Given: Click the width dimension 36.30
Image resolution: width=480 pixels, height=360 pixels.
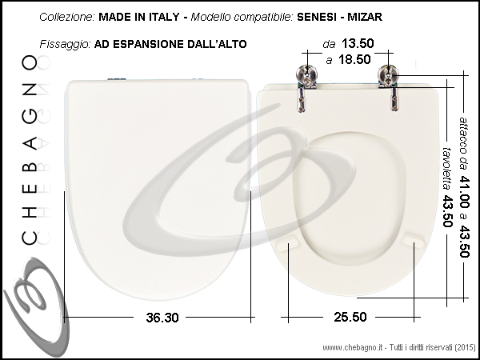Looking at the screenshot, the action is [162, 318].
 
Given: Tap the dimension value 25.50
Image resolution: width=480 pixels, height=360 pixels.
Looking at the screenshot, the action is [350, 317].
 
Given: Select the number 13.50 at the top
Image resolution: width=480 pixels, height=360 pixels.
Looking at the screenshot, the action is [358, 43].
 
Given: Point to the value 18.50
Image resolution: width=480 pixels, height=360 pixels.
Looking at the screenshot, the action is [354, 59].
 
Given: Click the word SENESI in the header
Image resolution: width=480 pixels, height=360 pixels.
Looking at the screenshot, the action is [317, 17].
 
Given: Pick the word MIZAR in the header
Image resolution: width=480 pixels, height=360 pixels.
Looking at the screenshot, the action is [365, 17].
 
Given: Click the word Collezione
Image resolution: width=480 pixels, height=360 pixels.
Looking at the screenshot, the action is [67, 17].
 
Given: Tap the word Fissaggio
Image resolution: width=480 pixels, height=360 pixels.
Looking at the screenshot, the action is [66, 44].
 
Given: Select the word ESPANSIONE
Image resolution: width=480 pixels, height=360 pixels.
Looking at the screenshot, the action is [148, 44].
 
